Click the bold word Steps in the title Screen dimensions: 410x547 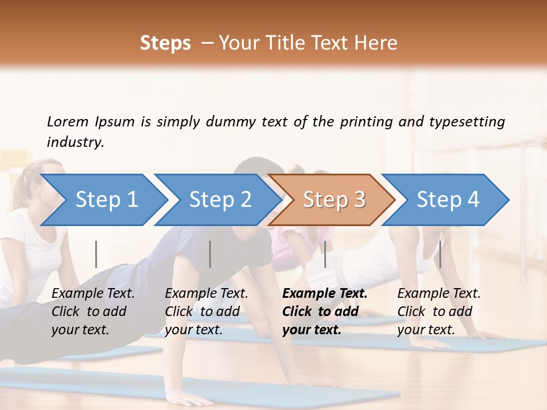(165, 43)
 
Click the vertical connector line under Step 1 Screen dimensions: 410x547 (96, 254)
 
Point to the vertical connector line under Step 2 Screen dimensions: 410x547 (210, 254)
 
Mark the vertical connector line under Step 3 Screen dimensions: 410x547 (325, 254)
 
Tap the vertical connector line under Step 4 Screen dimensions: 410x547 (440, 254)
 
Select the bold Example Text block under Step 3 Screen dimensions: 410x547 (325, 311)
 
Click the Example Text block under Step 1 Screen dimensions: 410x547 (93, 311)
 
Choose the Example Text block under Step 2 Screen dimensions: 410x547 (206, 311)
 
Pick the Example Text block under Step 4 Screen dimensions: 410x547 (439, 311)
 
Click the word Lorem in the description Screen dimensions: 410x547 (68, 121)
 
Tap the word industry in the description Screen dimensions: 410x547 (75, 142)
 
